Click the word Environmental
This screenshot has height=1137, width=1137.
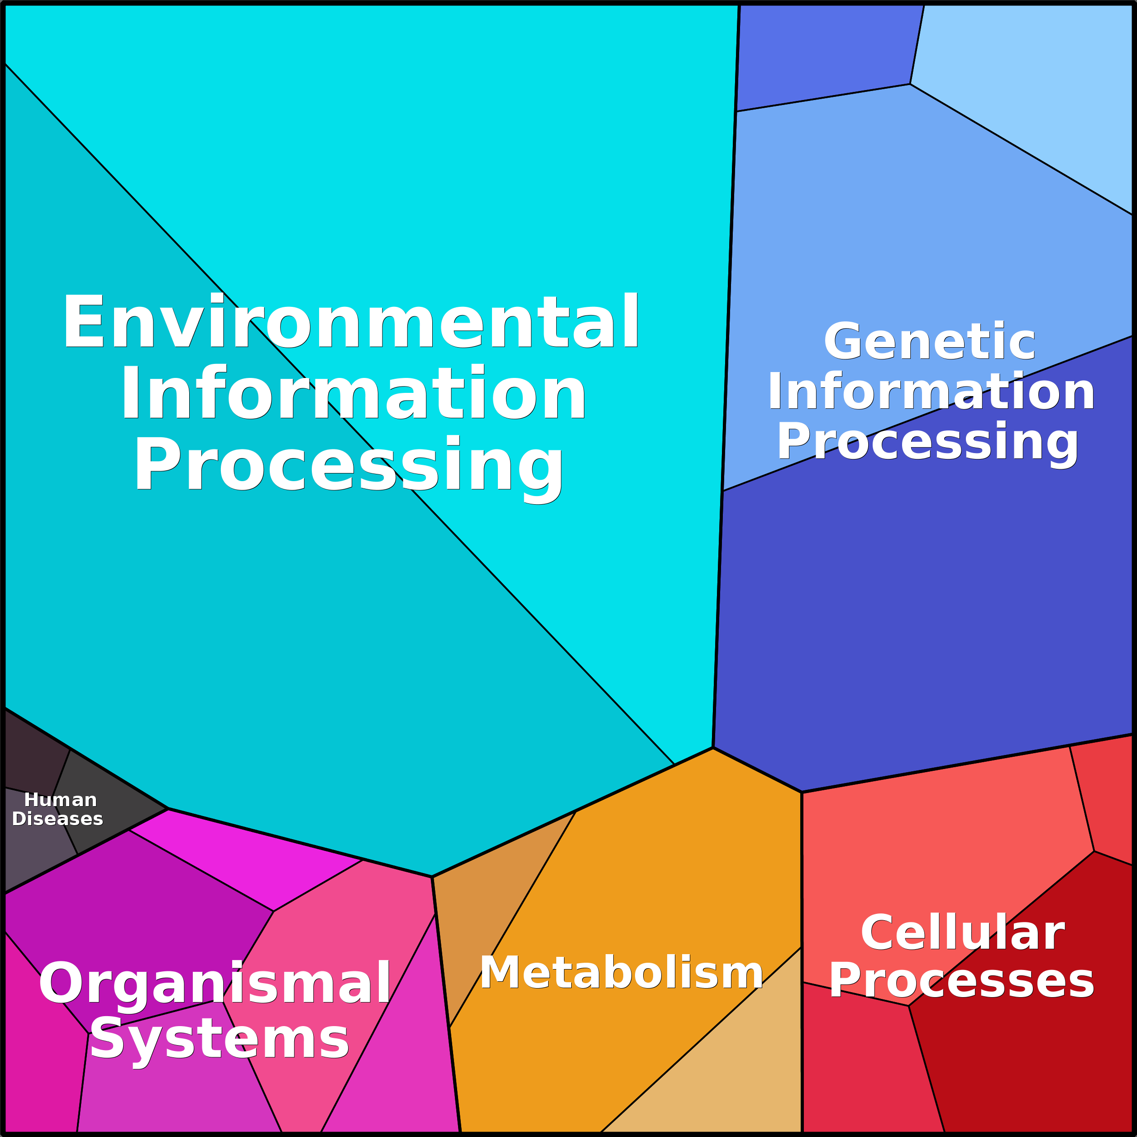(x=351, y=321)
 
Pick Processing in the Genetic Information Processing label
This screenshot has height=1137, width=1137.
(x=927, y=443)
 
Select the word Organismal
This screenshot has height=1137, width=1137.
(x=215, y=984)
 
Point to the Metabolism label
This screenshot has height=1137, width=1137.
(x=621, y=973)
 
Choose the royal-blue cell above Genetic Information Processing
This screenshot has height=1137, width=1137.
(x=824, y=56)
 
